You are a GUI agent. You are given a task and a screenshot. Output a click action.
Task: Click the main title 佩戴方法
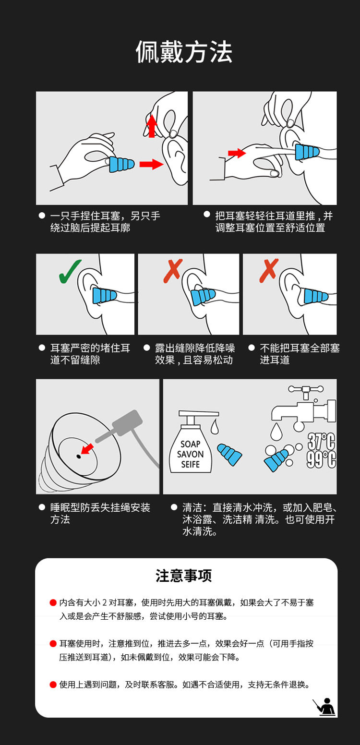point(184,52)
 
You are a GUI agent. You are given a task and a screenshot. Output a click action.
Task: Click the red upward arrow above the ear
point(152,126)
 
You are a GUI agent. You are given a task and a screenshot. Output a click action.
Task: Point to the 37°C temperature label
point(321,441)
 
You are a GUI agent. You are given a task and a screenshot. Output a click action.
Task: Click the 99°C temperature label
point(321,459)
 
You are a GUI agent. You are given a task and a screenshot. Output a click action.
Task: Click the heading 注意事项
point(184,576)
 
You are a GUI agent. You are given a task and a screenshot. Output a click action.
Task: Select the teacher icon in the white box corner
point(324,707)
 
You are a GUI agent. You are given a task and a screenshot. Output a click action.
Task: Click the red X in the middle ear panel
point(173,271)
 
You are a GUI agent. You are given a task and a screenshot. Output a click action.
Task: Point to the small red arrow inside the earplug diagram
point(87,449)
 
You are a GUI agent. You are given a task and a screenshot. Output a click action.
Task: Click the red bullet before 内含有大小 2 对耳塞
point(53,602)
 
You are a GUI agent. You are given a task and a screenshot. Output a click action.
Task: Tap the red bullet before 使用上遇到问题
point(53,685)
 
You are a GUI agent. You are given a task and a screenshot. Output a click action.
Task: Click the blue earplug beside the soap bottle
point(229,454)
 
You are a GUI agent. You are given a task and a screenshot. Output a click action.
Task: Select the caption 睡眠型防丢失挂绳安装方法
point(100,513)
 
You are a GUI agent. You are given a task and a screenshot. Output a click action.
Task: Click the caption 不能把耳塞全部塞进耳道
point(300,354)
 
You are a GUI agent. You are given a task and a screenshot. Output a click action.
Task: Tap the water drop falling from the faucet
point(276,432)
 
